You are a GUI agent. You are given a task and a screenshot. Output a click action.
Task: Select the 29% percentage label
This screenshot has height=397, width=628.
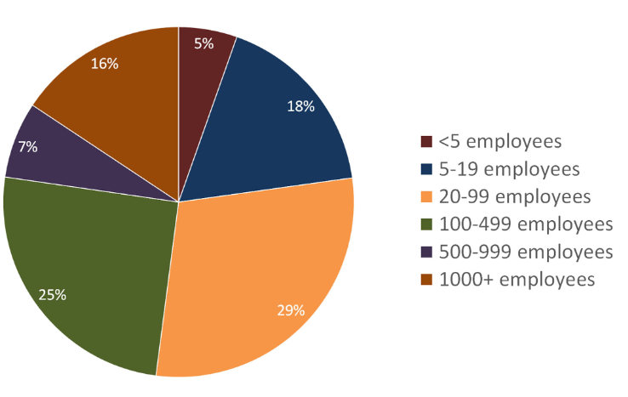291,310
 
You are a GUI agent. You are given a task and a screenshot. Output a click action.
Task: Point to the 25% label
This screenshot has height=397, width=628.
52,295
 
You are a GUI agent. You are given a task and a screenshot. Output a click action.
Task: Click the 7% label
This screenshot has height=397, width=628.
27,146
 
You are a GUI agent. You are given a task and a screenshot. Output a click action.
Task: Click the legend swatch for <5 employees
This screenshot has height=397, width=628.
426,141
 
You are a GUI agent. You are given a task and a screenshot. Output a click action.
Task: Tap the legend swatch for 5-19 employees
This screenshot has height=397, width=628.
426,169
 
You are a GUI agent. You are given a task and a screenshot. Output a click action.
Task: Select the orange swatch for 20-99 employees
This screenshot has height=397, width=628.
426,196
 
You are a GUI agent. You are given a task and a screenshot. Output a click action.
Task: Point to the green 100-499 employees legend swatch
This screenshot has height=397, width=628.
426,224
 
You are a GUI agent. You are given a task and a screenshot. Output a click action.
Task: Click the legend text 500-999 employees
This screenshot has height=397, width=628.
525,252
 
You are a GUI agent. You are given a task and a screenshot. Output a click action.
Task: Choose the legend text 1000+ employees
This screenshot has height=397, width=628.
517,279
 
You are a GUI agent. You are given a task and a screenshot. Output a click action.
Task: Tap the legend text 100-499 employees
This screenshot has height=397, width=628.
525,224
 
